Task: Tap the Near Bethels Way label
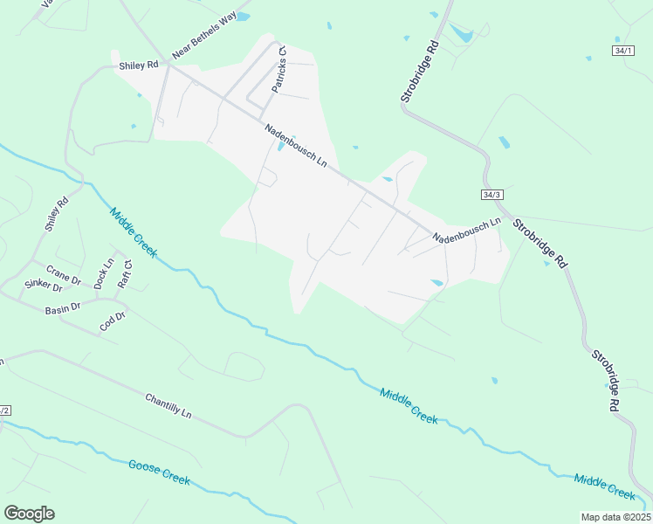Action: click(204, 42)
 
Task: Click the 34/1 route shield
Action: click(622, 52)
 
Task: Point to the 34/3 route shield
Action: click(492, 193)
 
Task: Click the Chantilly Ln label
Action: click(168, 405)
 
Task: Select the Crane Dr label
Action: click(63, 274)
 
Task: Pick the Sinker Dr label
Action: click(44, 286)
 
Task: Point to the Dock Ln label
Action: click(103, 274)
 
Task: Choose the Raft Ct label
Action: click(125, 274)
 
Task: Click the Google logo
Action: click(30, 514)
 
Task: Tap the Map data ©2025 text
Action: click(615, 517)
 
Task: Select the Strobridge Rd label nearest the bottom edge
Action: click(606, 381)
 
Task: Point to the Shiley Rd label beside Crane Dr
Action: click(56, 215)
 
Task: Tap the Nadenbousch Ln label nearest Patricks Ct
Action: click(296, 146)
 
